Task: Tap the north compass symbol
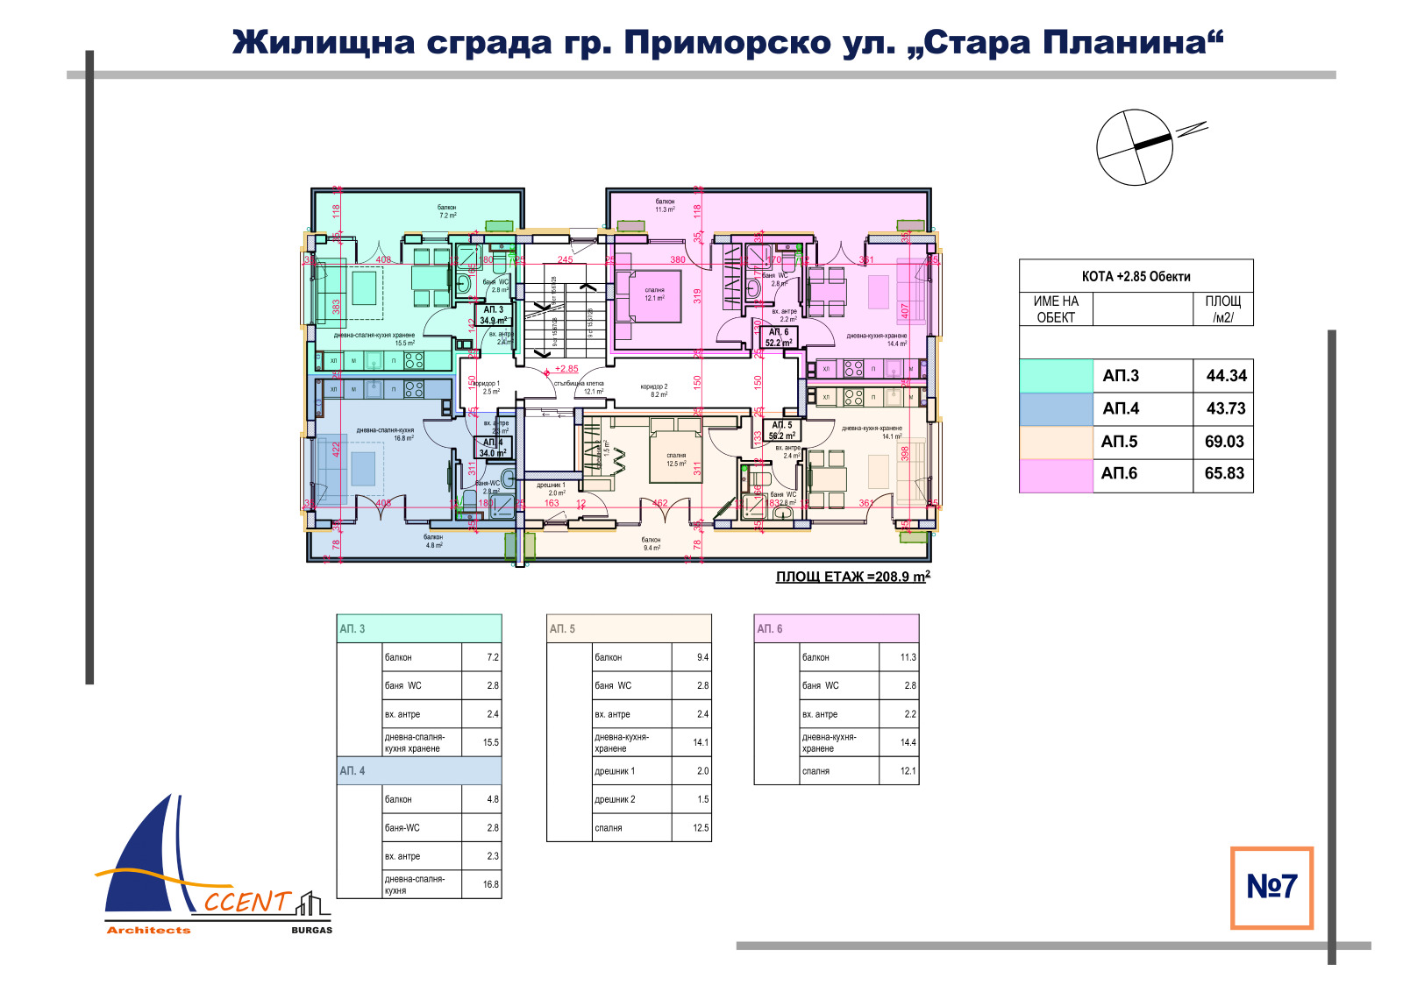[1135, 147]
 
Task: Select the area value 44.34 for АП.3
[1226, 376]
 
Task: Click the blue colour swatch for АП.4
[1056, 408]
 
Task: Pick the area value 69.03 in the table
[1224, 442]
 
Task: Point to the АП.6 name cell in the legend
[1120, 473]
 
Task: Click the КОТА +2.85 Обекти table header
[1136, 276]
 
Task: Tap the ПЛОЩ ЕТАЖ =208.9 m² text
[852, 577]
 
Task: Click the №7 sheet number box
[1271, 887]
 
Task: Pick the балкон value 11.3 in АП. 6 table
[908, 657]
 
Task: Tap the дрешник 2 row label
[615, 799]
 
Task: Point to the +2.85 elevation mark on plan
[566, 369]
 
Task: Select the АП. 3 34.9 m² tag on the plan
[493, 315]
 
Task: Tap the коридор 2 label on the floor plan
[653, 390]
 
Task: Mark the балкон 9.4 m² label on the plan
[651, 544]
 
